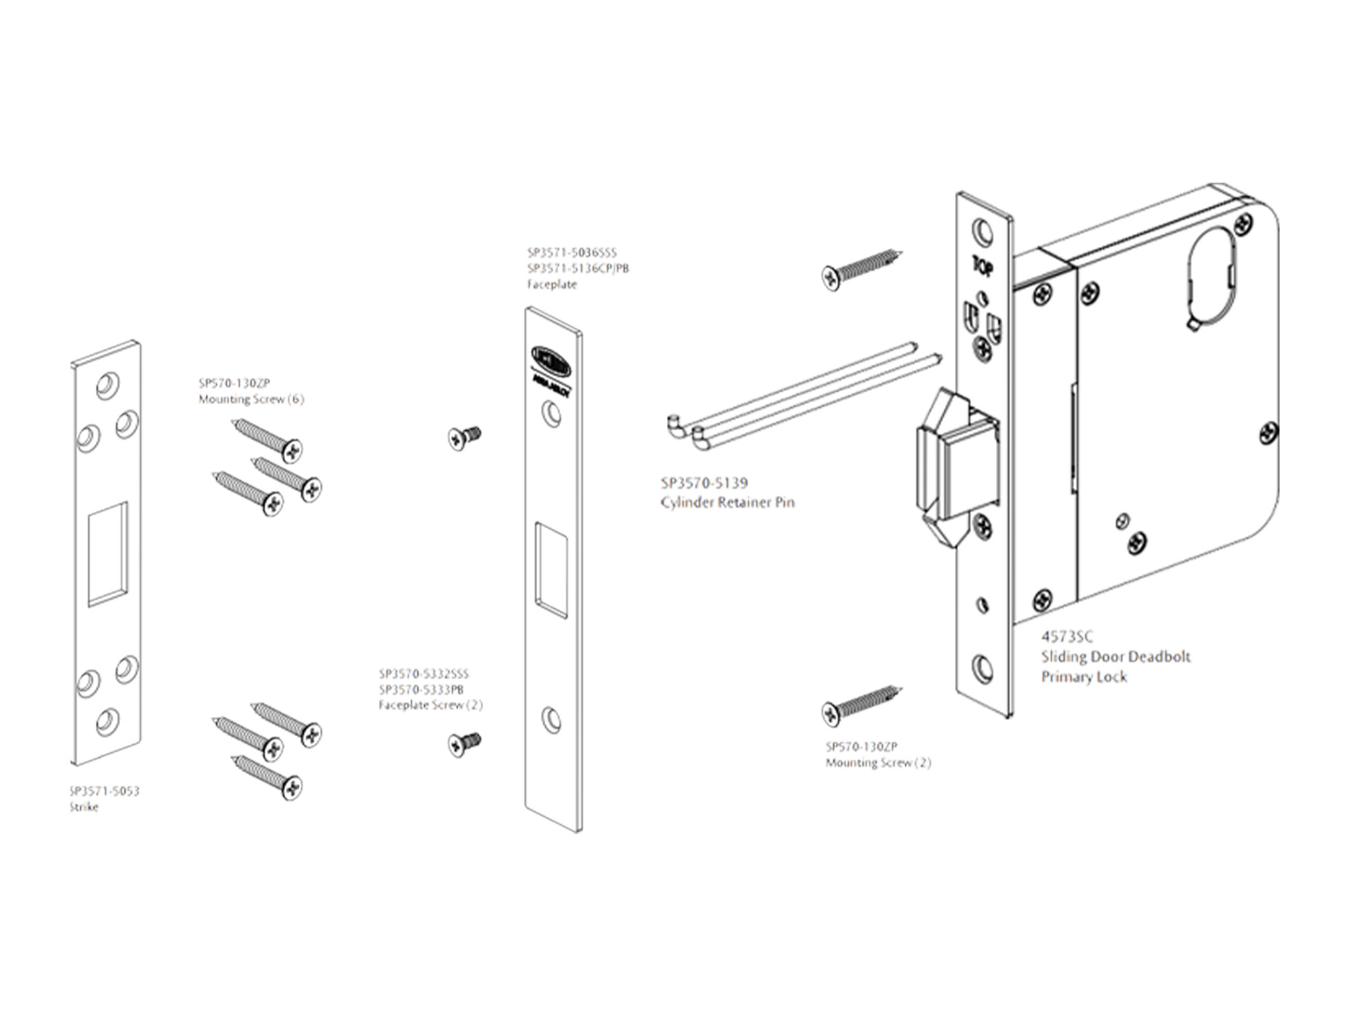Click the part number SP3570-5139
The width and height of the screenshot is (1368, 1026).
pos(704,483)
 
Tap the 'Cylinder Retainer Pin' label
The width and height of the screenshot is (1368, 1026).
pos(727,503)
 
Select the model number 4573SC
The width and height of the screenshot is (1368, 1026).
pos(1067,637)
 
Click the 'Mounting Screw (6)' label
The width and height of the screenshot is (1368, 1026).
pos(251,399)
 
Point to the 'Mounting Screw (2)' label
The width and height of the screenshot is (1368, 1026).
pos(878,763)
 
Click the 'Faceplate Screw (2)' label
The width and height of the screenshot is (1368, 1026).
pos(430,705)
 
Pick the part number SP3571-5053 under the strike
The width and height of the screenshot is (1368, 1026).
pos(105,791)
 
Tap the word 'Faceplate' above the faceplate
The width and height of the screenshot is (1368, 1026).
pos(552,285)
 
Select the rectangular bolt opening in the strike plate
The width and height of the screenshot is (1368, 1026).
pos(108,554)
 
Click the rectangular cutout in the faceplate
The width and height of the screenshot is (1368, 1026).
pos(551,571)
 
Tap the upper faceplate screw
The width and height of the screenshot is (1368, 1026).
pos(464,437)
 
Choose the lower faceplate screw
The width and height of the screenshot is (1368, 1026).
pos(464,744)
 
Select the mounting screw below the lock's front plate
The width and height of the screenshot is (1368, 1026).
pos(860,705)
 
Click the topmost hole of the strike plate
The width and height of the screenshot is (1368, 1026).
pos(106,385)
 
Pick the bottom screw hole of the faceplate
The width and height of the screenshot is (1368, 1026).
pos(551,720)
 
